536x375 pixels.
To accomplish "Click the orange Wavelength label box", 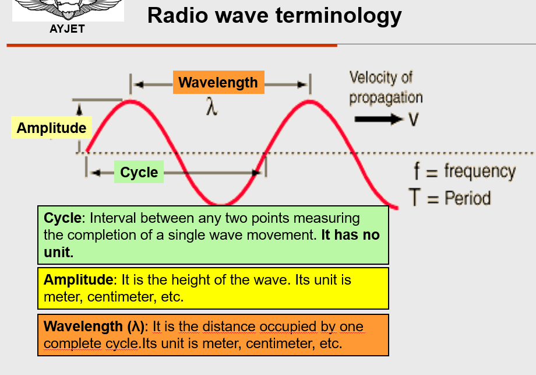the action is (218, 82).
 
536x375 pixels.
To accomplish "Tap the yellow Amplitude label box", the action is (52, 128).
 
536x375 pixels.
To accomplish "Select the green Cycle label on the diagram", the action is (139, 172).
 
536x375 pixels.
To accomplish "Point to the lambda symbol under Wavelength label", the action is (211, 106).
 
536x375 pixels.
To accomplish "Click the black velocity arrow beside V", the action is (379, 119).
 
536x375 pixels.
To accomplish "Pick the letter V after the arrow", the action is (413, 120).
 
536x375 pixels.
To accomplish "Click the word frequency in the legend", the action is (479, 171).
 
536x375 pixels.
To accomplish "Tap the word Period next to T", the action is (468, 198).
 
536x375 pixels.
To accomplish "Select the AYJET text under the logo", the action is (68, 29).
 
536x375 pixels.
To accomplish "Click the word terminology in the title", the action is (338, 16).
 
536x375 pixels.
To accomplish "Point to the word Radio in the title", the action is (178, 15).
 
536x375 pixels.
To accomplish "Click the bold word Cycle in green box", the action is (63, 218).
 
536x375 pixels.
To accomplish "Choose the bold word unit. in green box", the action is (58, 252).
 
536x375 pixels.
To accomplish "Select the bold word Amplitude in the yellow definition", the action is (78, 279).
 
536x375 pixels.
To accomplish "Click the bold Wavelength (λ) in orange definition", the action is (94, 327).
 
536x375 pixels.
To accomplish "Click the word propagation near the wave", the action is (386, 98).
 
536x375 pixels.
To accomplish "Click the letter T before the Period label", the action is (415, 197).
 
